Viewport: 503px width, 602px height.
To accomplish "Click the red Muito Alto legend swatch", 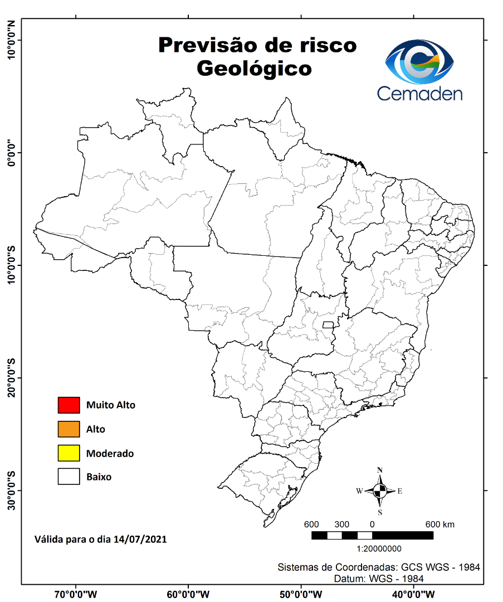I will pos(69,405).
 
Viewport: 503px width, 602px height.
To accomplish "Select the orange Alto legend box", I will pos(69,429).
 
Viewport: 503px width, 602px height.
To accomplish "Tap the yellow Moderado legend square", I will pos(69,453).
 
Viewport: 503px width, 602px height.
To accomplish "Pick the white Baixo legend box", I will pos(69,477).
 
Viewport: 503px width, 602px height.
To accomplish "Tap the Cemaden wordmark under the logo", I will pos(419,93).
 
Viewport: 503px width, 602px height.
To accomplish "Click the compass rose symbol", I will pos(380,491).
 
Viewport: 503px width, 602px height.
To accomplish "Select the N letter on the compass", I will pos(380,470).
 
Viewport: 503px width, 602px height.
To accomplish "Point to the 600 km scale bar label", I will pos(440,525).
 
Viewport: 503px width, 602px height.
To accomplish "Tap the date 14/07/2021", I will pos(140,539).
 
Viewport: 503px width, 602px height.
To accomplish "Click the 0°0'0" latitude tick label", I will pos(11,152).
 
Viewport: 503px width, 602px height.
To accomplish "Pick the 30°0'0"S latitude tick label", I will pos(11,491).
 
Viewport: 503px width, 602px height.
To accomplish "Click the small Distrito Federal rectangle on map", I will pos(328,324).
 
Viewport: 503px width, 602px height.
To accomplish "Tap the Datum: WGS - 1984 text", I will pos(379,579).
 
